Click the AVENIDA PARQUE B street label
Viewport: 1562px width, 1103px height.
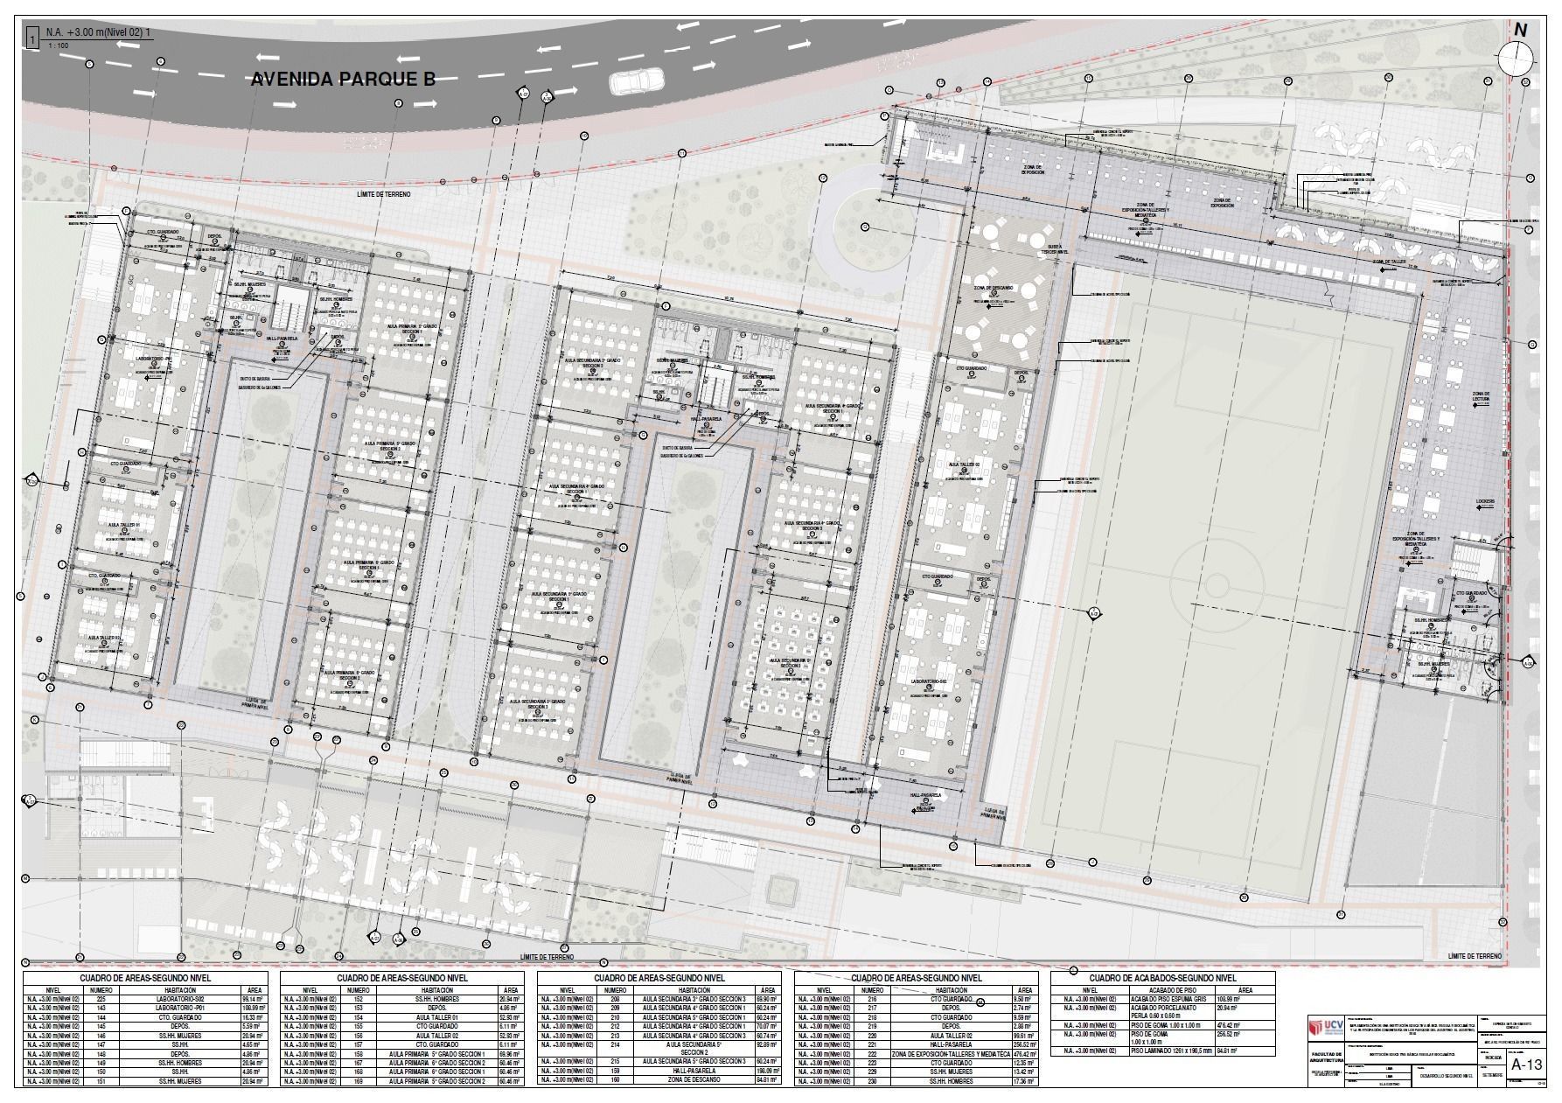point(343,80)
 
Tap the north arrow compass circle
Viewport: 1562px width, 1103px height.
point(1516,59)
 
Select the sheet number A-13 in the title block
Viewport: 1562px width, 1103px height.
point(1527,1065)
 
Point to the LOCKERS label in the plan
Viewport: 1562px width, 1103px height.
point(1486,502)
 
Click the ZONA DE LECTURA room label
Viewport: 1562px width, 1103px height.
point(1481,398)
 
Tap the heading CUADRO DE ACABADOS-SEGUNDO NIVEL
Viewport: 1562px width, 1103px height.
point(1163,978)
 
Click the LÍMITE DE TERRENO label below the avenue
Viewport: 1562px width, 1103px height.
point(395,193)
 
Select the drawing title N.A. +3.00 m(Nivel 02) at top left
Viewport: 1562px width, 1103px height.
point(98,32)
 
